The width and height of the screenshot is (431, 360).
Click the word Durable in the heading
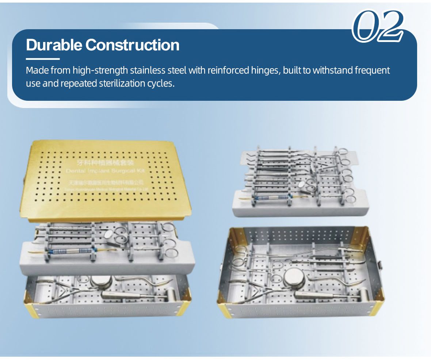[54, 45]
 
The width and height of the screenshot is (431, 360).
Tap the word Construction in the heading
[132, 45]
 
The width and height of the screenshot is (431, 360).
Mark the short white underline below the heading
[43, 58]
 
